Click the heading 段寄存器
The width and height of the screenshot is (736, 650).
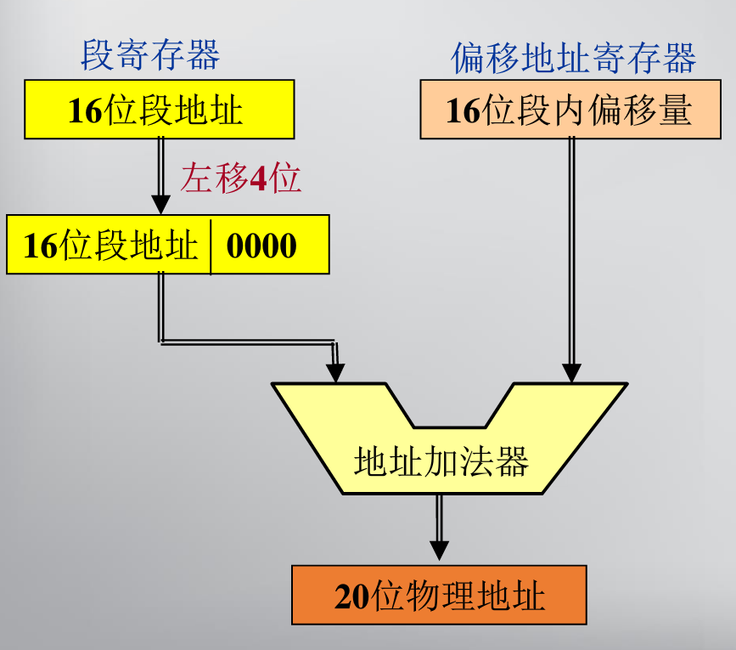150,56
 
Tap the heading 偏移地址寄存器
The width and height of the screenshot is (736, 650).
573,59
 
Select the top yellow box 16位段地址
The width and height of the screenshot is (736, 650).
160,110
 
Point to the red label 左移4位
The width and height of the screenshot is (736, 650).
241,179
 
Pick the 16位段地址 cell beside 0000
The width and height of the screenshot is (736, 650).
110,246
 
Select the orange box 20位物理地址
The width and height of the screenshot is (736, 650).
439,596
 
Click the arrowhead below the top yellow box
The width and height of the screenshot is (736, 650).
160,205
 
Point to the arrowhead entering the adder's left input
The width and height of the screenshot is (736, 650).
336,373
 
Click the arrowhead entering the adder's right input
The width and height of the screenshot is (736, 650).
571,372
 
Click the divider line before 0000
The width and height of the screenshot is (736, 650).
210,246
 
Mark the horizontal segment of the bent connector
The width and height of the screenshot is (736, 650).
246,342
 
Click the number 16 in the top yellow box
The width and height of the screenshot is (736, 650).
85,111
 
